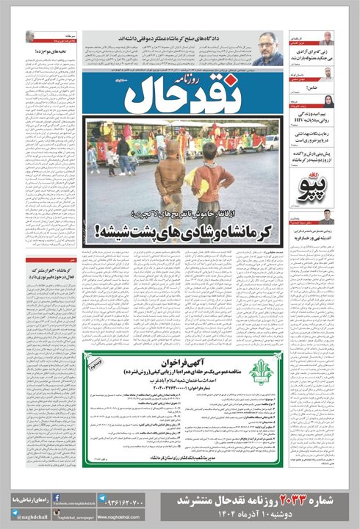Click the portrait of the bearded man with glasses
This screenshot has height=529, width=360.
click(x=271, y=53)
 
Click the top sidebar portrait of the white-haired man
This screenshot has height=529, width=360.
click(x=327, y=37)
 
